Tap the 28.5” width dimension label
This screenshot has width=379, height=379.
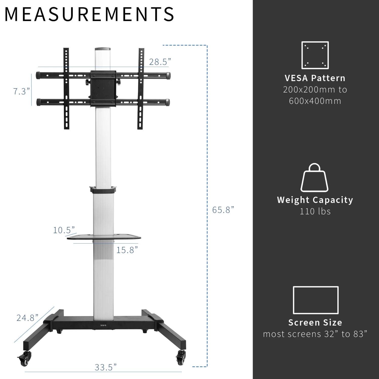160,62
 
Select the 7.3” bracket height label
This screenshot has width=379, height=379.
21,91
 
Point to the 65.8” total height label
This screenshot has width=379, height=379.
223,210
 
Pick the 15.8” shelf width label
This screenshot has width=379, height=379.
127,250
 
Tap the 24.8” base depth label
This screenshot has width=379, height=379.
27,318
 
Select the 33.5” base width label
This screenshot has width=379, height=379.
106,367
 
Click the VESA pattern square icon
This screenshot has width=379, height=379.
315,55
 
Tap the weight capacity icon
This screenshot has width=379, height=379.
314,178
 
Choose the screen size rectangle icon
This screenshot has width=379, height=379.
315,300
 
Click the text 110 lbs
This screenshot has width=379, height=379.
315,211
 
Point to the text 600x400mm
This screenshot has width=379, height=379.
315,101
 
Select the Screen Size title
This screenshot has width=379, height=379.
315,323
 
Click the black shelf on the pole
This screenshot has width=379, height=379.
104,237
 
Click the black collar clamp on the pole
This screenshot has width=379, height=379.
103,189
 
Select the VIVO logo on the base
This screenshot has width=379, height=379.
103,325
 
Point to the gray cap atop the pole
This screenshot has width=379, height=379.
103,49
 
